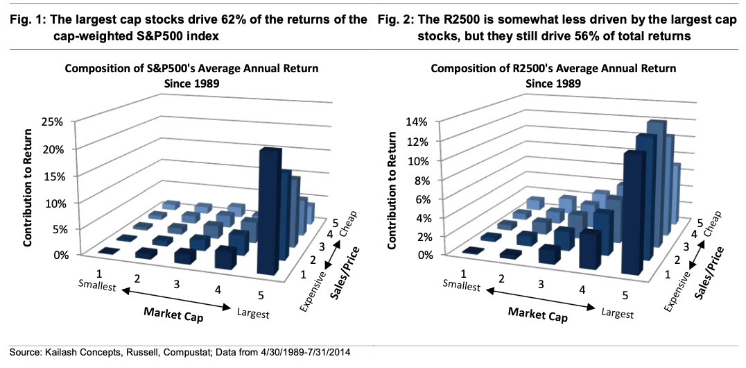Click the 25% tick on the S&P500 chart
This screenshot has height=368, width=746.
tap(57, 122)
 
